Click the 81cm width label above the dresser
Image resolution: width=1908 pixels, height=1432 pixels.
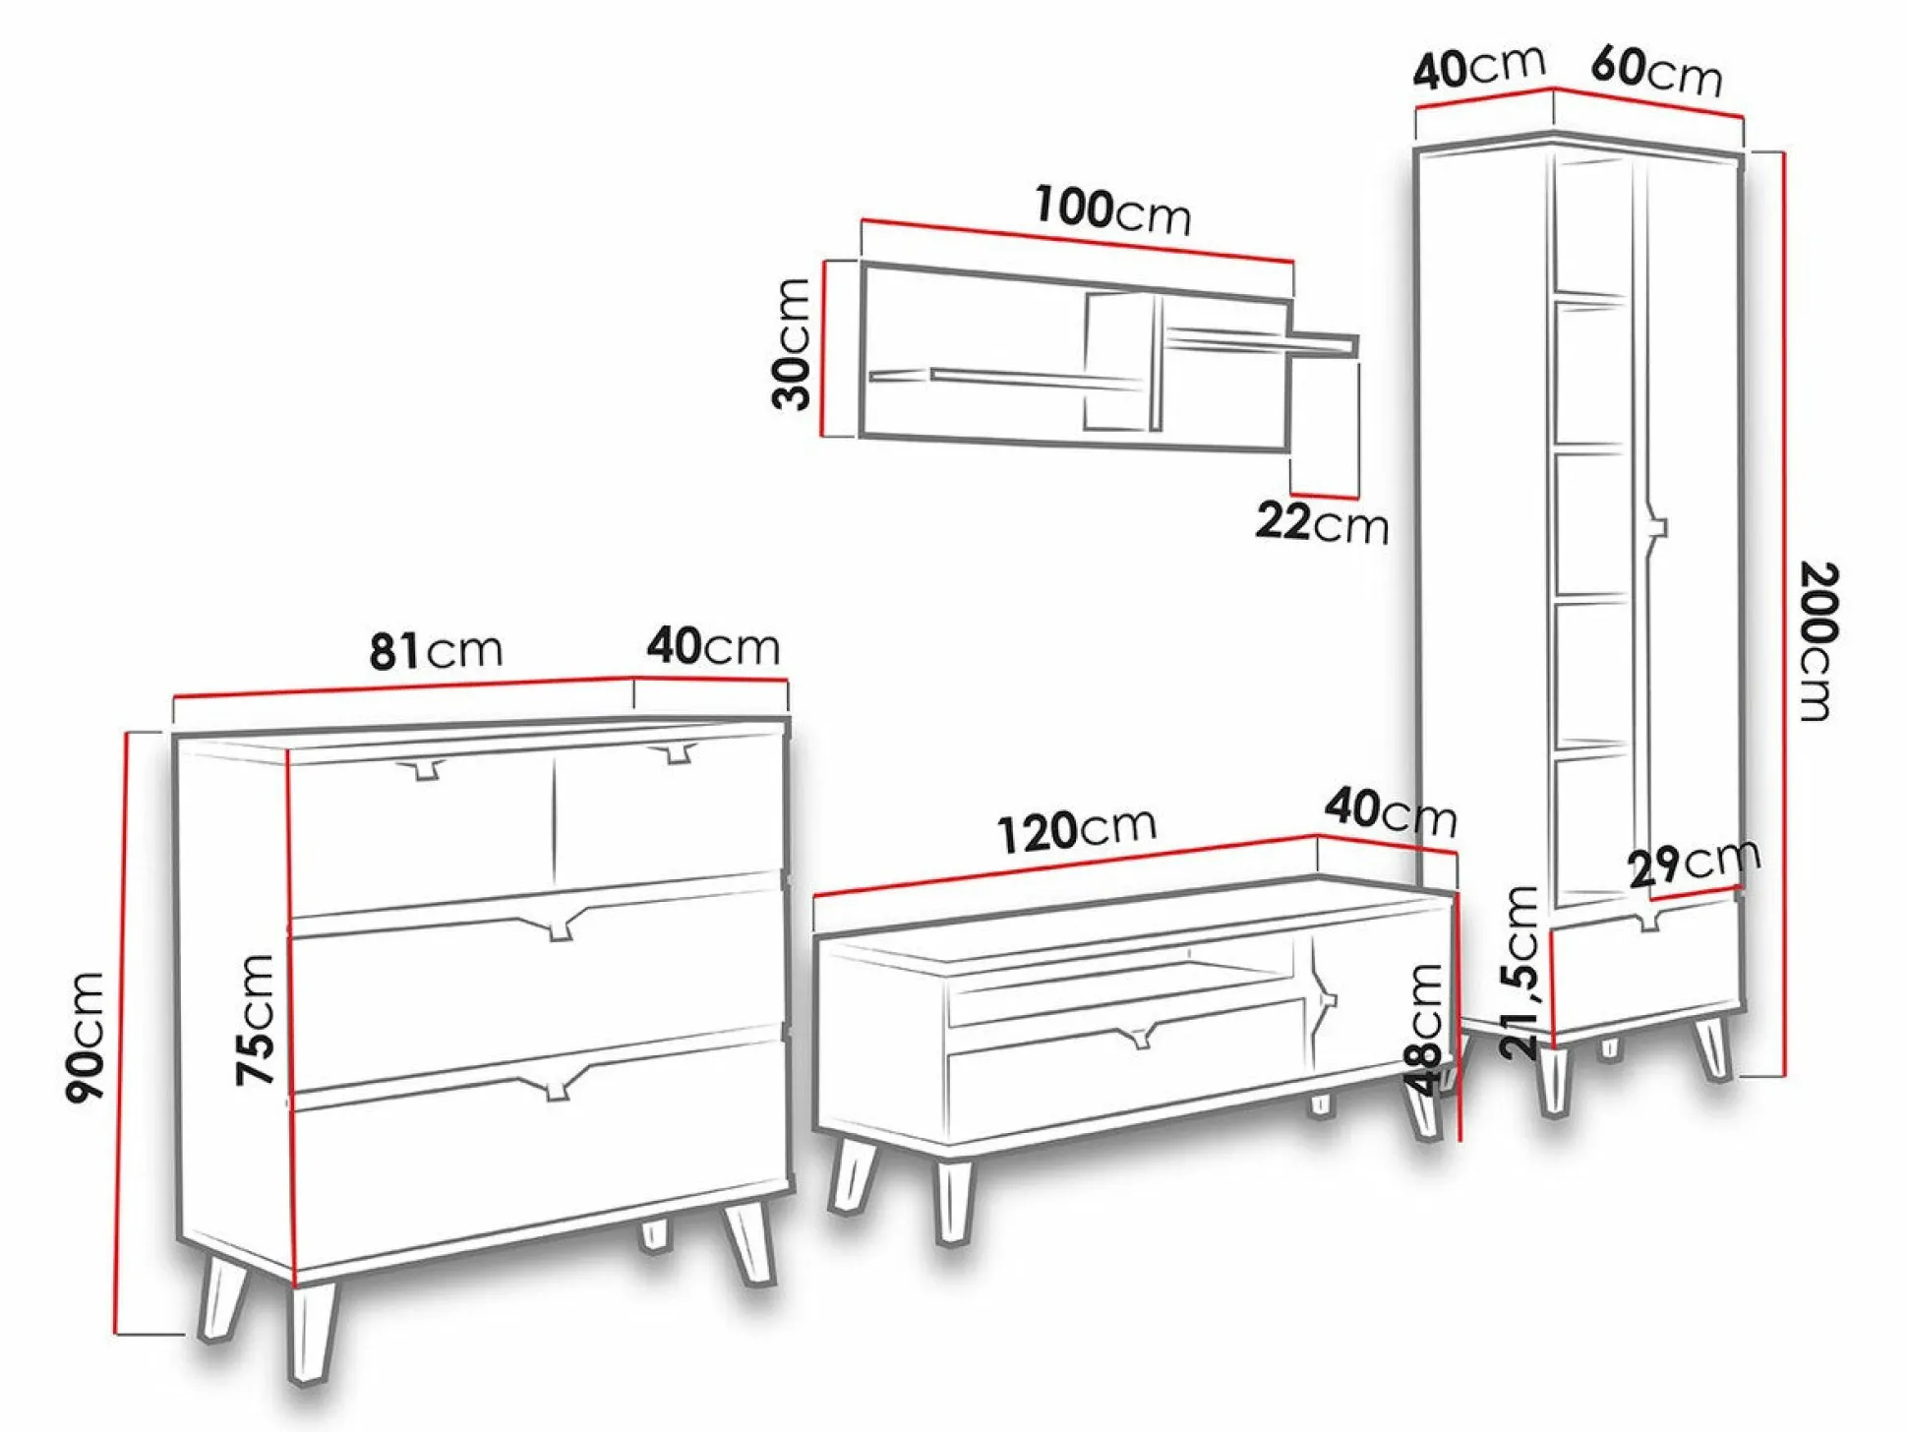[x=436, y=651]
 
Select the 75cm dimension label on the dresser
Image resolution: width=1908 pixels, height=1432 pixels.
[x=255, y=1020]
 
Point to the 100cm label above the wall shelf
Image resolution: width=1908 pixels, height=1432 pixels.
[x=1112, y=210]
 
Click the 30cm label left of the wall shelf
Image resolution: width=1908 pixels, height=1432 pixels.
[x=791, y=343]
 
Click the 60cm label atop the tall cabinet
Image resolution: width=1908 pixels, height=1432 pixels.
[x=1656, y=71]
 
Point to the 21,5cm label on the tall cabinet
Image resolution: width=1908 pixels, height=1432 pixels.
[x=1520, y=973]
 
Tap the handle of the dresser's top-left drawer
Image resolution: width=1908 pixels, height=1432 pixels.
[x=424, y=769]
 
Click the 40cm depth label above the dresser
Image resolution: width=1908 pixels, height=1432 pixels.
[x=713, y=647]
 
